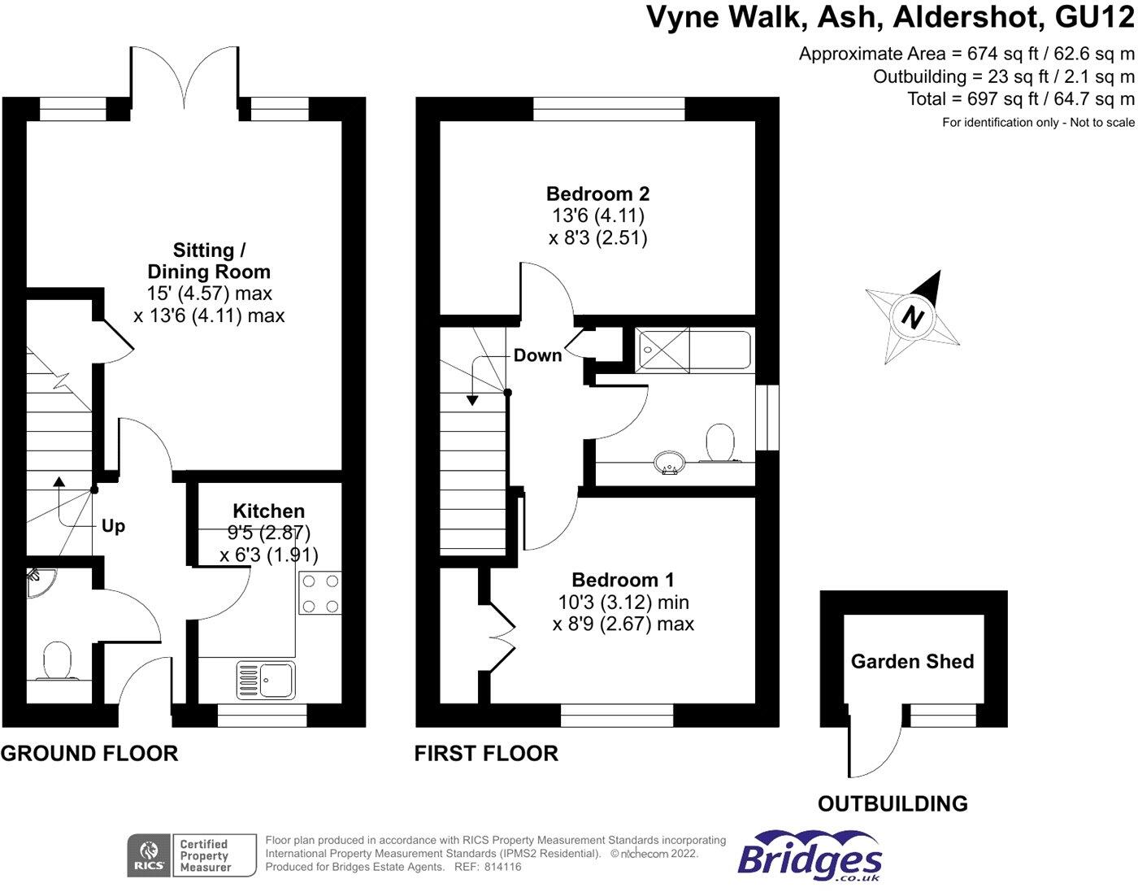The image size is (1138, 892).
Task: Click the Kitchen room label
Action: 268,511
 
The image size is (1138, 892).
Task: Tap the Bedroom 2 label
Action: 597,194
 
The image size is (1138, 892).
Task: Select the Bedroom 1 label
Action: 623,581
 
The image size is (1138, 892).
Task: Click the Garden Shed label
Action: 912,662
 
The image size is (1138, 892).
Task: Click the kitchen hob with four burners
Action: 319,594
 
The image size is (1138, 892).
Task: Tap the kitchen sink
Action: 266,681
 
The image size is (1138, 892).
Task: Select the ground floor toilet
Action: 57,661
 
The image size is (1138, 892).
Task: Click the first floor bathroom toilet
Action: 720,443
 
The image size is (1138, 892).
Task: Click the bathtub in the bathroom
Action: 693,350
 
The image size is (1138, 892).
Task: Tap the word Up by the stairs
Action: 113,526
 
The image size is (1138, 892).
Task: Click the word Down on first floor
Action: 537,355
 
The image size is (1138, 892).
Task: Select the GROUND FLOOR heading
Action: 89,754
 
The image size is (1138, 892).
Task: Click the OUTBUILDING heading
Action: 893,804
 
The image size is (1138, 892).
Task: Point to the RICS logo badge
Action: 149,855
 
